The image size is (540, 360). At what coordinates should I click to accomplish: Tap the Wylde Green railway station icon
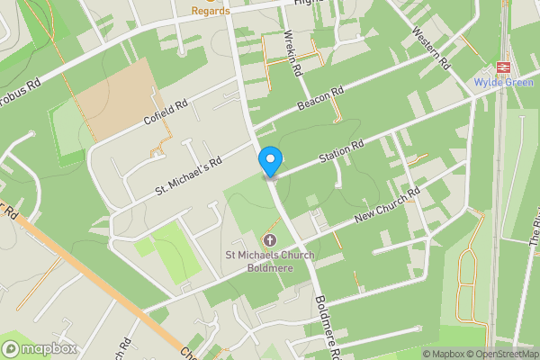503,69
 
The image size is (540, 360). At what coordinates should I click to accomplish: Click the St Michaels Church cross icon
269,240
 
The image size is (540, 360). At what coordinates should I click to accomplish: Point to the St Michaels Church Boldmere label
267,263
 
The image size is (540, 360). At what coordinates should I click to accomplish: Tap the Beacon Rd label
321,99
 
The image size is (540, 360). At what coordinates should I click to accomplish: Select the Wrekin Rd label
292,53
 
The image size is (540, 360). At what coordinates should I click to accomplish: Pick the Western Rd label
430,47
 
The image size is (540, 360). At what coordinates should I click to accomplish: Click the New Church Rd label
388,206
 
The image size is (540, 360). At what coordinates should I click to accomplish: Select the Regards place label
211,10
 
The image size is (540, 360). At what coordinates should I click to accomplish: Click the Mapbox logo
39,348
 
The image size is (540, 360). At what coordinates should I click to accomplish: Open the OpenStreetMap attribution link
502,354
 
